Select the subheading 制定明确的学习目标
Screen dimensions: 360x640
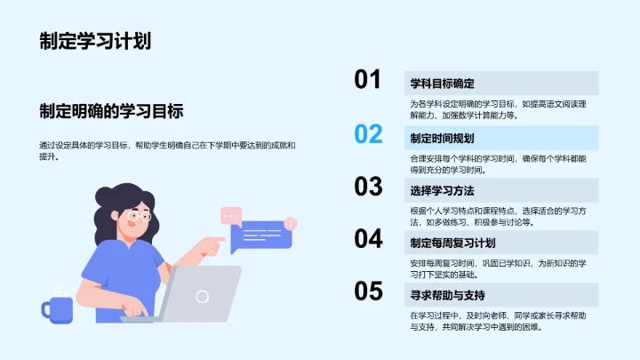111,111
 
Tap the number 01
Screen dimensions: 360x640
368,81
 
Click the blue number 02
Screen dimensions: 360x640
368,134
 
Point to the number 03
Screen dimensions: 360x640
368,186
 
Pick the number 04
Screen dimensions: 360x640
368,238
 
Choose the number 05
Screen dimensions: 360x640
368,291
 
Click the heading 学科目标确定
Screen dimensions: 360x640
442,84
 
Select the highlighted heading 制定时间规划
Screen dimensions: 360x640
442,138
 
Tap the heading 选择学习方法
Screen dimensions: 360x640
442,190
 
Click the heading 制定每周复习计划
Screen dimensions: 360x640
452,243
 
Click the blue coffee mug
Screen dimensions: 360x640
58,308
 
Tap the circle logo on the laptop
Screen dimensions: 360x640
203,296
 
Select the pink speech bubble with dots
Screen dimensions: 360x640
231,215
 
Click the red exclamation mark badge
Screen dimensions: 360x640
291,223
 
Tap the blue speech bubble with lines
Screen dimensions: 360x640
260,236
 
